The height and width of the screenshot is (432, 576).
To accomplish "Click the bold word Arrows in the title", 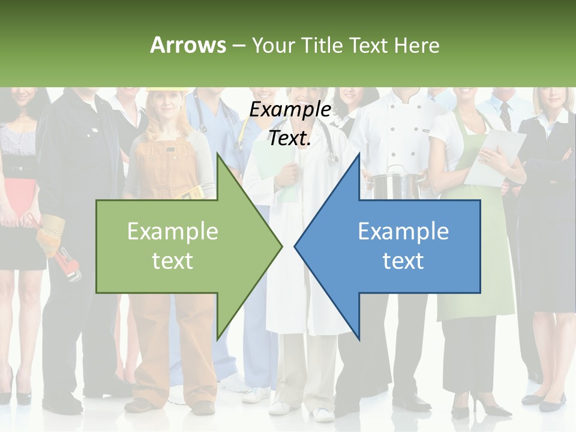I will pyautogui.click(x=188, y=45).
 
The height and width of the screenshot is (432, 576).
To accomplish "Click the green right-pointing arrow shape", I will pyautogui.click(x=180, y=246).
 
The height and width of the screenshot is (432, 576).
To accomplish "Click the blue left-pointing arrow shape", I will pyautogui.click(x=402, y=246).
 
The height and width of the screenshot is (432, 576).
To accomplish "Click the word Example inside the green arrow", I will pyautogui.click(x=172, y=231).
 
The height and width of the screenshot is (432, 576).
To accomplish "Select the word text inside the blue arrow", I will pyautogui.click(x=403, y=261).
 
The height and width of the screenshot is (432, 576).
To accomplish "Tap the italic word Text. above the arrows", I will pyautogui.click(x=290, y=138).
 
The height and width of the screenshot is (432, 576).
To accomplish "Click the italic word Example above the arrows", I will pyautogui.click(x=290, y=110).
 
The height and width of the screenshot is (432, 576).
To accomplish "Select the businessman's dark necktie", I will pyautogui.click(x=505, y=115).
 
